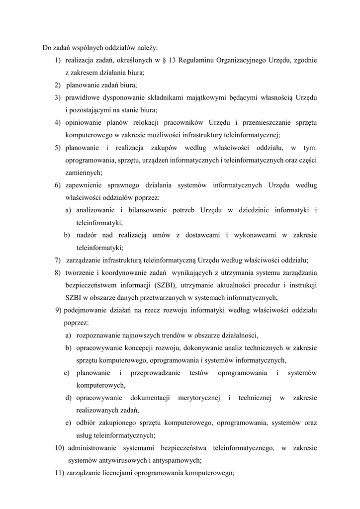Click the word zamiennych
click(84, 172)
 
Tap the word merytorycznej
click(196, 398)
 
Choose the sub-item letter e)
click(68, 423)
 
